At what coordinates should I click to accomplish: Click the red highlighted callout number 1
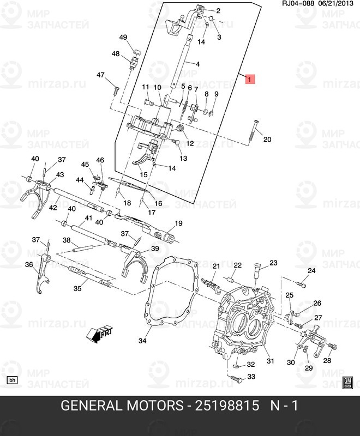[249, 79]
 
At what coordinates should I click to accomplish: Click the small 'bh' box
[11, 380]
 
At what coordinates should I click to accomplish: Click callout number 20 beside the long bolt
[267, 140]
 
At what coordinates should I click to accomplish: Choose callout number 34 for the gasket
[143, 342]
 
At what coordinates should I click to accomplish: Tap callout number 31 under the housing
[269, 361]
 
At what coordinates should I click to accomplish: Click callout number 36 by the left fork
[29, 264]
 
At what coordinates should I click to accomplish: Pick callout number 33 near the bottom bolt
[251, 377]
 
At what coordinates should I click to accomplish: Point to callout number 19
[178, 224]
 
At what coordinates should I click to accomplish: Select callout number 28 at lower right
[327, 361]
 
